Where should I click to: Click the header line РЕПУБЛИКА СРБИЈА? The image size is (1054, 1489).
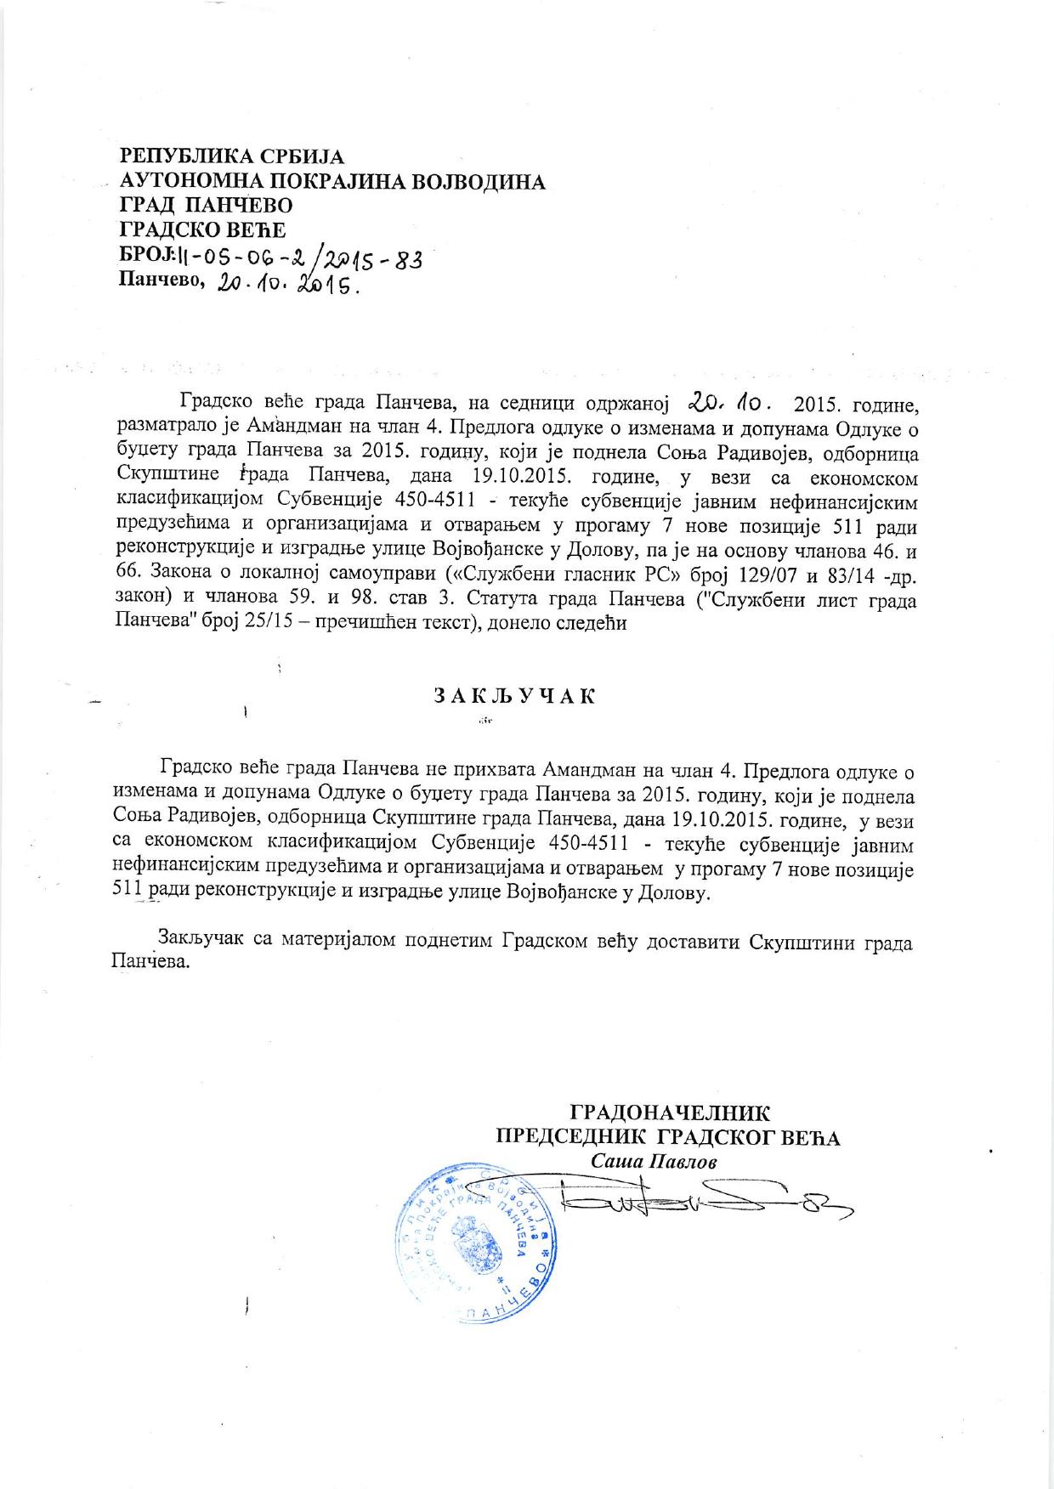(232, 156)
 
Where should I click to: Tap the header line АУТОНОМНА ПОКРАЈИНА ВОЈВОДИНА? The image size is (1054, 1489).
(332, 181)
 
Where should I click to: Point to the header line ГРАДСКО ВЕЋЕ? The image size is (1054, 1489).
(202, 229)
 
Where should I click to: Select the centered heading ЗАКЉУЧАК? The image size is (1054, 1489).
(515, 696)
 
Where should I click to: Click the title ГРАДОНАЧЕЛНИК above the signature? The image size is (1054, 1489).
(670, 1113)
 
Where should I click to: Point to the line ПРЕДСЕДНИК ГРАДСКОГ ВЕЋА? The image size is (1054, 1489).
(668, 1137)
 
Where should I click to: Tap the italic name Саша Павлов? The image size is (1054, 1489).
(654, 1161)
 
